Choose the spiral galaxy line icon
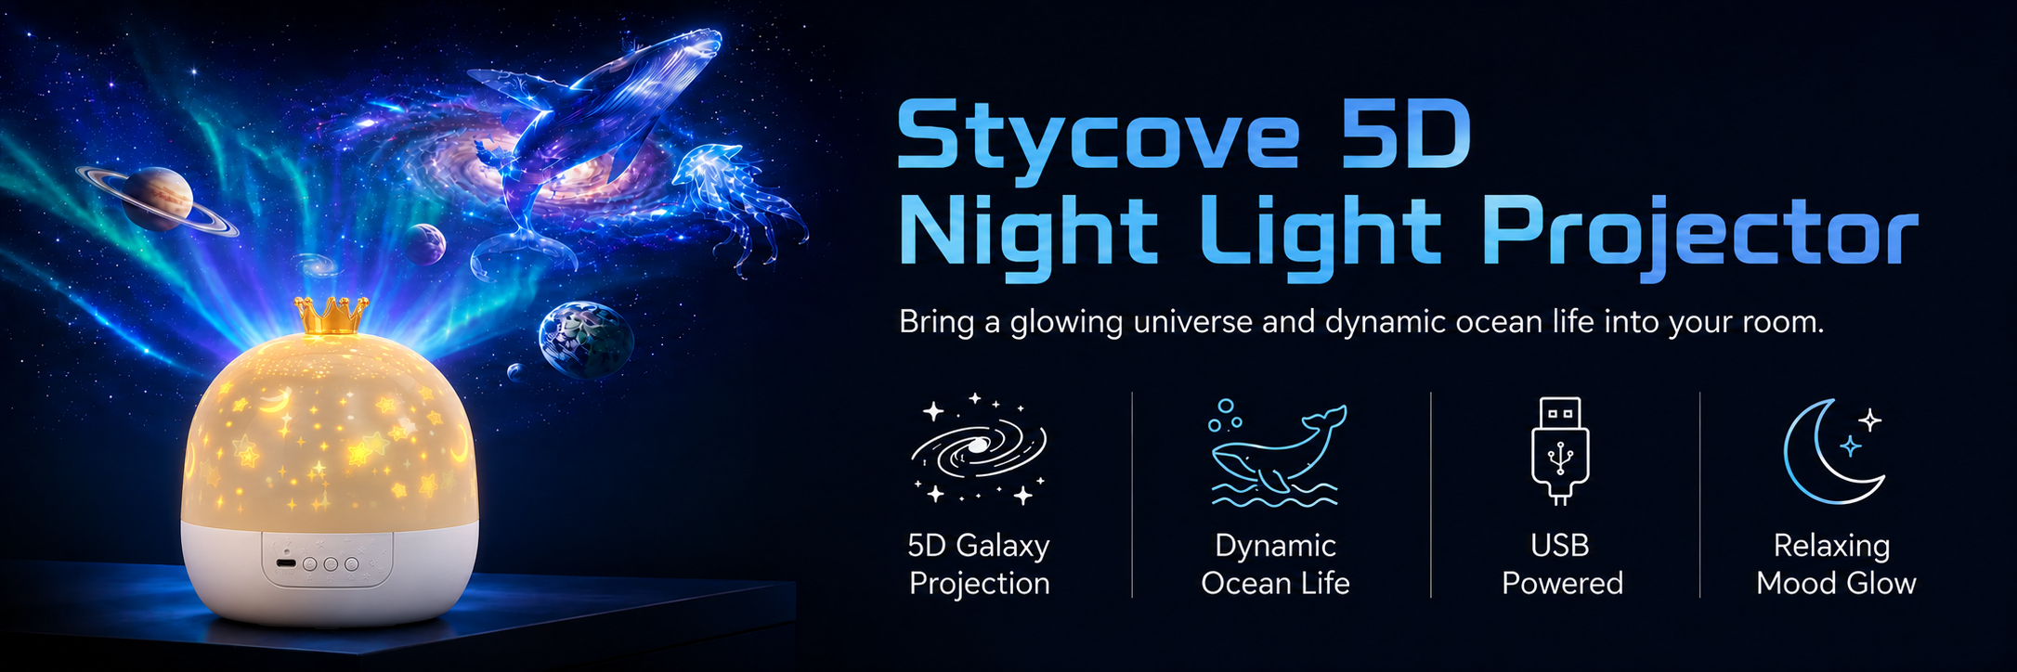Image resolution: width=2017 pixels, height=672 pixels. tap(978, 448)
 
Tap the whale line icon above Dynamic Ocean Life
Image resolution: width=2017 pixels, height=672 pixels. tap(1276, 453)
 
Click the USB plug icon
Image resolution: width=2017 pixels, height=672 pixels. tap(1560, 450)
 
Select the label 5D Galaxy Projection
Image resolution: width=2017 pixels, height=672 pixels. tap(979, 564)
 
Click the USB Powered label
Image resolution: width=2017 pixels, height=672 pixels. tap(1562, 564)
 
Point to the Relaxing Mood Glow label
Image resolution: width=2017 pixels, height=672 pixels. tap(1836, 564)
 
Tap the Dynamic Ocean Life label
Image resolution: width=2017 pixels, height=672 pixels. tap(1275, 564)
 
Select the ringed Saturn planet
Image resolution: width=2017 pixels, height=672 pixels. tap(156, 198)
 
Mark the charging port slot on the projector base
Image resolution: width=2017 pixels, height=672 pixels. tap(286, 563)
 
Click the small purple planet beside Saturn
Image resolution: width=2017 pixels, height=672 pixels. tap(424, 244)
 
